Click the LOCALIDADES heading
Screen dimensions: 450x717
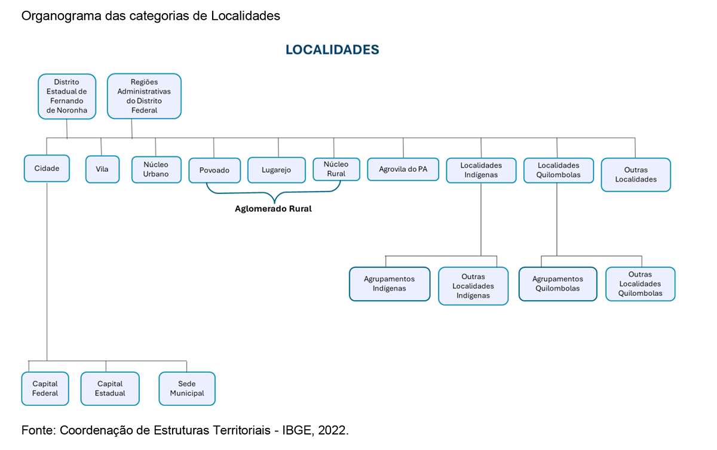click(x=332, y=50)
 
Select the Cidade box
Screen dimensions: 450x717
click(x=47, y=168)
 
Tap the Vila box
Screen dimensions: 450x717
click(x=102, y=169)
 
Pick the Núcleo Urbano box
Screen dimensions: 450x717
click(x=156, y=169)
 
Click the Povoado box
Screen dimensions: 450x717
click(x=214, y=170)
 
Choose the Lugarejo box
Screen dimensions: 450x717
click(x=277, y=170)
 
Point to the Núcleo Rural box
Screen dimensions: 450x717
click(x=336, y=169)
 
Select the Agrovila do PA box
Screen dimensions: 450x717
click(x=403, y=169)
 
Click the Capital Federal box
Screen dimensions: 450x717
click(x=45, y=389)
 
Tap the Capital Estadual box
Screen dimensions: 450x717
click(x=110, y=389)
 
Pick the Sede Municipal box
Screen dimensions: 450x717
click(x=187, y=389)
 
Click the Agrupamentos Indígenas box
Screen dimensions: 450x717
click(x=390, y=283)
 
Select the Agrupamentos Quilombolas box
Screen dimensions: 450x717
click(x=557, y=283)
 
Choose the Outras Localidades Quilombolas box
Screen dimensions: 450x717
click(x=641, y=283)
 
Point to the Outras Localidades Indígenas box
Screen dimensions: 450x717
click(x=473, y=286)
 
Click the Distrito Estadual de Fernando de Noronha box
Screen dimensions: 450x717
click(x=67, y=96)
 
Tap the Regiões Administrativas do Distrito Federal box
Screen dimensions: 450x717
click(x=144, y=96)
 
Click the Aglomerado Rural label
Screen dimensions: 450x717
click(x=273, y=209)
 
